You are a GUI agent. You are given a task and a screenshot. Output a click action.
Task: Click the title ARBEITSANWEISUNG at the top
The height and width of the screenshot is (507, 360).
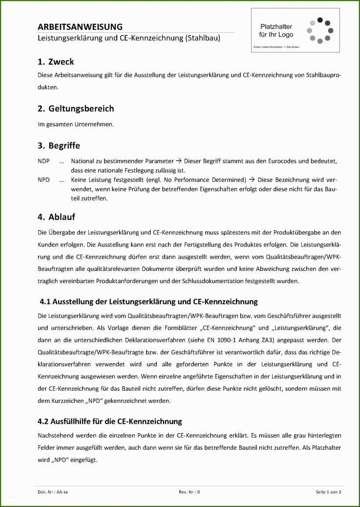(80, 27)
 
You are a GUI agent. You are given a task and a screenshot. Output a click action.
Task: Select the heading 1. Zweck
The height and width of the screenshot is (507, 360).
(56, 62)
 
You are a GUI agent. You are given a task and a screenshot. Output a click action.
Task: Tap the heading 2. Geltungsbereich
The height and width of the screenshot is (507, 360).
(76, 108)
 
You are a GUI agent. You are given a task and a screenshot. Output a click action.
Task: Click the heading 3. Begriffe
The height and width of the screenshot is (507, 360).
(59, 145)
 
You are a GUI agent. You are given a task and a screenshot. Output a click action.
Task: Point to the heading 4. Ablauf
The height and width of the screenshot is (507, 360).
(56, 217)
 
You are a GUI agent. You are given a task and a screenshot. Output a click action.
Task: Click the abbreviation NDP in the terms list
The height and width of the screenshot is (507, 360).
(43, 161)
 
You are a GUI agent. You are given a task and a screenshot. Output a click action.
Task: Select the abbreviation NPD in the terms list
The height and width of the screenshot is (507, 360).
(43, 180)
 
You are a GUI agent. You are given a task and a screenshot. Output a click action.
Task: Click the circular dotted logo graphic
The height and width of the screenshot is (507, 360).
(320, 31)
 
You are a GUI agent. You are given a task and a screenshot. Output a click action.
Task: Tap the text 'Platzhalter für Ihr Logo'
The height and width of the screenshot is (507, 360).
(276, 31)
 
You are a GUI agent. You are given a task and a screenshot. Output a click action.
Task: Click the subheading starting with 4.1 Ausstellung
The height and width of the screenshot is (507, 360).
(148, 301)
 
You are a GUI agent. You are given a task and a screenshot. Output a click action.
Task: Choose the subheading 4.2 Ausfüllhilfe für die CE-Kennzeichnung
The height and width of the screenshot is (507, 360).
(110, 421)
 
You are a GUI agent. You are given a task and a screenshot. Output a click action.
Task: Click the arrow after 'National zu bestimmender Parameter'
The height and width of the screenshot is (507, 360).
(179, 161)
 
